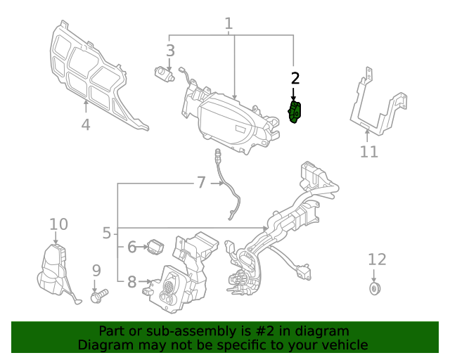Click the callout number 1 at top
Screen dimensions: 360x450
(229, 24)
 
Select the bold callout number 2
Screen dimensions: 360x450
(295, 78)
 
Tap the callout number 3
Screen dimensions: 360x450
(170, 50)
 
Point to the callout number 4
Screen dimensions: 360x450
(85, 125)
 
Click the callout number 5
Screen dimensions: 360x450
(106, 233)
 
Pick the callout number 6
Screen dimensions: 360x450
(131, 247)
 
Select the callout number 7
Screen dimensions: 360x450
(201, 183)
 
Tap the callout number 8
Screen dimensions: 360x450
(131, 283)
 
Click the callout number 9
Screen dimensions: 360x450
(96, 270)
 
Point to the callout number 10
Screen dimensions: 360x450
(59, 224)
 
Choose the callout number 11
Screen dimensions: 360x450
(369, 151)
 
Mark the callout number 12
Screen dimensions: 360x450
(377, 259)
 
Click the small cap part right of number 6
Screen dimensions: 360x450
(155, 246)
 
